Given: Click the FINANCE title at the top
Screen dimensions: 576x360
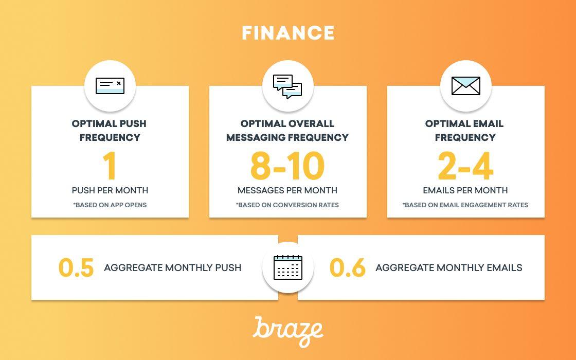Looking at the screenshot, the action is point(288,33).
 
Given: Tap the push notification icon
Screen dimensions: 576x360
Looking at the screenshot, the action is point(110,85).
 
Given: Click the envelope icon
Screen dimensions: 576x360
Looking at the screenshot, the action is point(465,85).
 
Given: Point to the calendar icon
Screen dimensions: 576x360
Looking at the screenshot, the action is point(288,267).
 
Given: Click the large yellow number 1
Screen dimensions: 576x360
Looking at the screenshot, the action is point(110,166).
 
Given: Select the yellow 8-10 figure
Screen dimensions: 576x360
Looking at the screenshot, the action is point(287,166).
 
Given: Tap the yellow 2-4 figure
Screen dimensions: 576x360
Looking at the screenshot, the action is point(465,166).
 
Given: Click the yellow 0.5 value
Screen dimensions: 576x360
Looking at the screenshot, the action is point(76,267).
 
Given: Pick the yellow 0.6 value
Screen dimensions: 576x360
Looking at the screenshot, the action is point(348,267).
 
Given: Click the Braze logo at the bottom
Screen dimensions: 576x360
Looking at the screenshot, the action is point(288,332).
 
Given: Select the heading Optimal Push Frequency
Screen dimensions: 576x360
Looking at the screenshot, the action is point(110,131).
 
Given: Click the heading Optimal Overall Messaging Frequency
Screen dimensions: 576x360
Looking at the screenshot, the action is point(287,131).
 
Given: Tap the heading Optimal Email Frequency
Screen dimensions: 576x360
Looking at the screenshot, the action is point(465,131).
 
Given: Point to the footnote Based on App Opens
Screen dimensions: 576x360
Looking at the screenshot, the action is point(110,205).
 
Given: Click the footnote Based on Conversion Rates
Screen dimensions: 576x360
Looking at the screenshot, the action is point(287,205).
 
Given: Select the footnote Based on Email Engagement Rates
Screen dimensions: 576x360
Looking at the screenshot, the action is point(465,205).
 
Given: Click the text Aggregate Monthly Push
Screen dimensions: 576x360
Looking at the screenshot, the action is point(173,267).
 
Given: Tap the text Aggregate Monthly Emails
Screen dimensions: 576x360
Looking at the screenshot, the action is point(448,267).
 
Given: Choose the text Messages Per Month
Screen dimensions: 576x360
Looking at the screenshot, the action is point(287,190).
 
